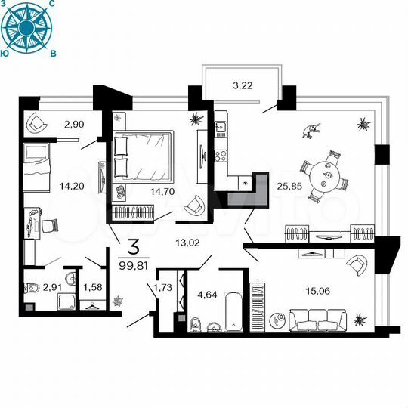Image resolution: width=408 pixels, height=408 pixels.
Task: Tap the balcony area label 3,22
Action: (x=242, y=86)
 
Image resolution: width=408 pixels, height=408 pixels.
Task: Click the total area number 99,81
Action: (x=134, y=264)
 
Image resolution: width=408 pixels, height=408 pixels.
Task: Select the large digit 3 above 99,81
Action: (x=134, y=246)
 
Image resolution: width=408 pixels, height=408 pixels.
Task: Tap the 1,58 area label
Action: (x=92, y=286)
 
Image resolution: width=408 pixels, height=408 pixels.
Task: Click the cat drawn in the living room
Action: (x=310, y=132)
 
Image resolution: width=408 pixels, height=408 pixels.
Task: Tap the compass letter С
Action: (x=51, y=5)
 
